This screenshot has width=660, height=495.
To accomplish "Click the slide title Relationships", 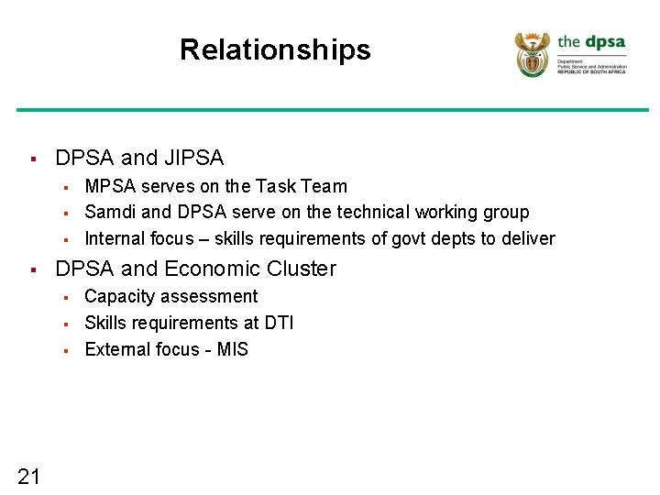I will click(275, 49).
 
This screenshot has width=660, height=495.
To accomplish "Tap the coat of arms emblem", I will click(533, 54).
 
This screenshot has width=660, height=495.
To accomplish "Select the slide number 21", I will click(28, 475).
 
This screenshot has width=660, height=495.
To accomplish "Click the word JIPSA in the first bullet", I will click(193, 158).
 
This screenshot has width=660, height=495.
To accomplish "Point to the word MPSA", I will click(112, 186).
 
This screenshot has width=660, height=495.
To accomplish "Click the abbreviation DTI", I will click(278, 323).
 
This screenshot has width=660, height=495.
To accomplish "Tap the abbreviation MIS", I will click(233, 349).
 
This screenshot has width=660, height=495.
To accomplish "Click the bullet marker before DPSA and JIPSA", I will click(32, 159).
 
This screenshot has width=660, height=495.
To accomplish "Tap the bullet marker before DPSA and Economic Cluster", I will click(32, 269).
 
